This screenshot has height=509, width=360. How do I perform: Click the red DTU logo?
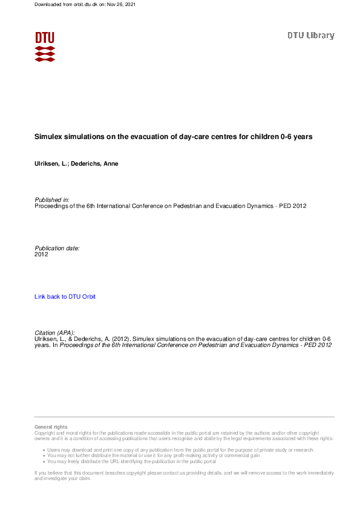45,46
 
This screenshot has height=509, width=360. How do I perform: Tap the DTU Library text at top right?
310,36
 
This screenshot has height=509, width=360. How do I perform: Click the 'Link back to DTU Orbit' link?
65,297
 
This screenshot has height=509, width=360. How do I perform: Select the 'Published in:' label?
52,199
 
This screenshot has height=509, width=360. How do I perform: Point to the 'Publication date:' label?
57,248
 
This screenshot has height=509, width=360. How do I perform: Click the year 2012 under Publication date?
41,254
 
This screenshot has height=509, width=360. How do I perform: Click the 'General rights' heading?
51,427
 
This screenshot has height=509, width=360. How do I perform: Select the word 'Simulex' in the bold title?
49,137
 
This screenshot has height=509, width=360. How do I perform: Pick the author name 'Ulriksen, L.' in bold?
51,164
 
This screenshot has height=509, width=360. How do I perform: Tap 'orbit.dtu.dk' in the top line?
78,4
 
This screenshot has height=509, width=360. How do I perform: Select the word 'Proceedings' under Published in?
52,206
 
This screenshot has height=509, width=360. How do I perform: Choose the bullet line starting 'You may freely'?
131,461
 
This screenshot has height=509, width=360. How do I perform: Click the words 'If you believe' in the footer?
48,472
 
